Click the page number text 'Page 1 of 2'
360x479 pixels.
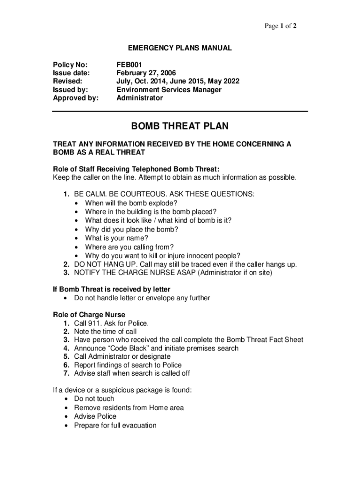tap(281, 26)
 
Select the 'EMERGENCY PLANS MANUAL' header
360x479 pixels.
tap(180, 48)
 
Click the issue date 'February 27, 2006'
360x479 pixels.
tap(146, 73)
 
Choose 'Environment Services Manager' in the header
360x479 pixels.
tap(169, 90)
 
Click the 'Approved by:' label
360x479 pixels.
tap(76, 98)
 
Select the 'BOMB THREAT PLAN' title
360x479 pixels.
tap(180, 126)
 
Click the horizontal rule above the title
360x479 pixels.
tap(180, 111)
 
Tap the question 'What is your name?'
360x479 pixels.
tap(116, 238)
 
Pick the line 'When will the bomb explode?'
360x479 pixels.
tap(131, 203)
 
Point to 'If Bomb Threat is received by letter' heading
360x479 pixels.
tap(111, 290)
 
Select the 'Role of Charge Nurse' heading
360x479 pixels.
tap(89, 315)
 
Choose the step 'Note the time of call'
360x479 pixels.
tap(105, 332)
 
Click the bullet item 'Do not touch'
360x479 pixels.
tap(94, 399)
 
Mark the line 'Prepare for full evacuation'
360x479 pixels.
tap(115, 425)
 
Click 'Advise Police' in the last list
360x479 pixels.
tap(95, 416)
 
